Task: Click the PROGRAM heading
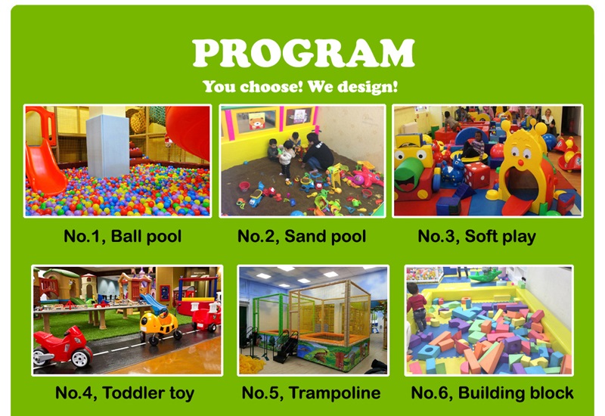pyautogui.click(x=303, y=53)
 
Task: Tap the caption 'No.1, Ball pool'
pyautogui.click(x=123, y=236)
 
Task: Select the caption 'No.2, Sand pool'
pyautogui.click(x=302, y=236)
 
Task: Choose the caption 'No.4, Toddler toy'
pyautogui.click(x=125, y=393)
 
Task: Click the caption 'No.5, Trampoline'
pyautogui.click(x=311, y=393)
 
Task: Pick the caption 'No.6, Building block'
pyautogui.click(x=492, y=393)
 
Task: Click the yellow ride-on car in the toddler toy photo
pyautogui.click(x=160, y=325)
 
